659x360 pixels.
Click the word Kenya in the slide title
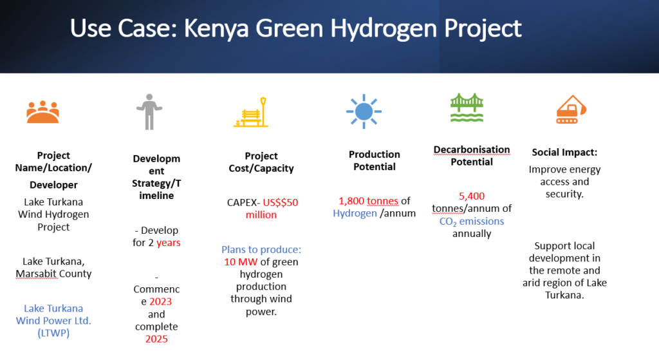(209, 28)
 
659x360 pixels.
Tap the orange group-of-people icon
(43, 111)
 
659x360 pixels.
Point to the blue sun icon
(364, 111)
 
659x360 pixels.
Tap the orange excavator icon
(571, 109)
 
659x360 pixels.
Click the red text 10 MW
(238, 261)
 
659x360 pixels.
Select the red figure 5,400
(472, 196)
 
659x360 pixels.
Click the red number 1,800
(351, 201)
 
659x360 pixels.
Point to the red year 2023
(161, 302)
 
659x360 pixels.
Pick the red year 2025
(156, 339)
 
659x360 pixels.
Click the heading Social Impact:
(564, 153)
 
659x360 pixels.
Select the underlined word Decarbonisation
(472, 149)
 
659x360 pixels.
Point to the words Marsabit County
(53, 274)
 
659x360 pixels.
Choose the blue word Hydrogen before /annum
(355, 213)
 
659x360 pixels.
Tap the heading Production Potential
(374, 160)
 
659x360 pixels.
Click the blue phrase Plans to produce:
(261, 249)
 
